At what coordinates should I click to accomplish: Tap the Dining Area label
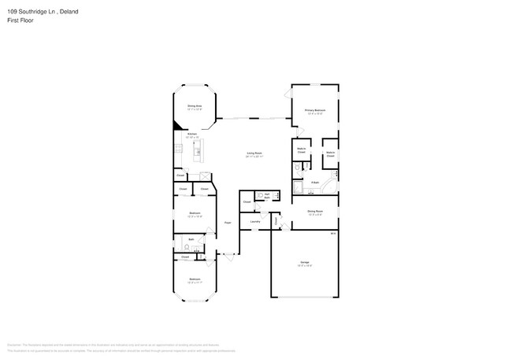[x=195, y=107]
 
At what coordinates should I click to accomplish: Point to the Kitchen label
[x=191, y=135]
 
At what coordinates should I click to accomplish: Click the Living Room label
[x=254, y=154]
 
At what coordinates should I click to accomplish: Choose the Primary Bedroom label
[x=315, y=111]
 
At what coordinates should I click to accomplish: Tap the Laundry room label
[x=255, y=222]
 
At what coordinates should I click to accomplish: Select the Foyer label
[x=228, y=223]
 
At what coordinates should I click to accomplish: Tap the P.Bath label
[x=315, y=183]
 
